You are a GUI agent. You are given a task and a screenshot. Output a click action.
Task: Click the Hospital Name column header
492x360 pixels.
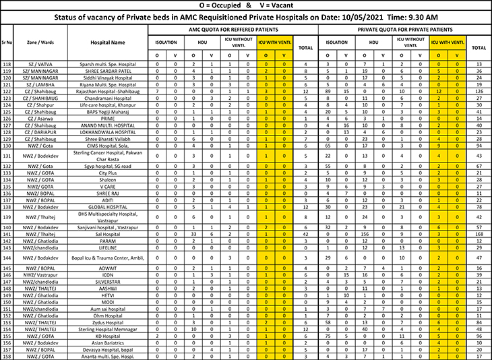108,42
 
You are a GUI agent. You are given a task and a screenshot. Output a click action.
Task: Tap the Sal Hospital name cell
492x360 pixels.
108,233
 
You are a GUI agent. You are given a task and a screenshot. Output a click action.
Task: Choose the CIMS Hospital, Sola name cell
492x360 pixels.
108,145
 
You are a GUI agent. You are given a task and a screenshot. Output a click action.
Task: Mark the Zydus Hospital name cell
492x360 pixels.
108,323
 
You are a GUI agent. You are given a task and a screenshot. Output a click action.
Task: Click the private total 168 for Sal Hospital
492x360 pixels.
479,233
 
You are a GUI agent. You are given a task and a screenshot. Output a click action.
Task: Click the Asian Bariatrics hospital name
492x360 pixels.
108,342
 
